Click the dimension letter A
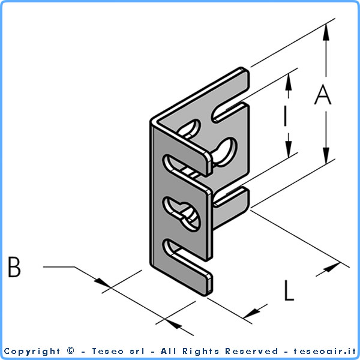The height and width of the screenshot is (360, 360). coord(323,94)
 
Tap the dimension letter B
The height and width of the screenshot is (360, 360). coord(14,267)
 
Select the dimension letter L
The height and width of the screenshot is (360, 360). coord(289,290)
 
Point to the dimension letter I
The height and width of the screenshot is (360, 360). coord(285,117)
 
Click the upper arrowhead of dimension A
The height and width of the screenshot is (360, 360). coord(326,32)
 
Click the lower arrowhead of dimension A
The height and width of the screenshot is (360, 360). coord(326,155)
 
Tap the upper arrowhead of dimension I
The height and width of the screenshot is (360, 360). coord(289,82)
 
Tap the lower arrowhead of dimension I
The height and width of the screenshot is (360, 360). coord(289,149)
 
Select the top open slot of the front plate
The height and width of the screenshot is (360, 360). coord(186,166)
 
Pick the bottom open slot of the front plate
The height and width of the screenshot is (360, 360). coord(187,256)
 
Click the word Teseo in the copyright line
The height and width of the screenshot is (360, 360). coord(107,351)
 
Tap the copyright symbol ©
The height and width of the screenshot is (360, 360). coord(71,350)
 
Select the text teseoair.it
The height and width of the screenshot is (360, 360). coord(325,351)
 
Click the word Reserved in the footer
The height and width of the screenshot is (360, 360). coord(251,351)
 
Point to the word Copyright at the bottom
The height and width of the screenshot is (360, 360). coord(32,352)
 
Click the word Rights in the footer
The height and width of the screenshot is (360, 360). coord(200,352)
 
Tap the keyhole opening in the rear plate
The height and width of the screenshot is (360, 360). coord(224,152)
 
